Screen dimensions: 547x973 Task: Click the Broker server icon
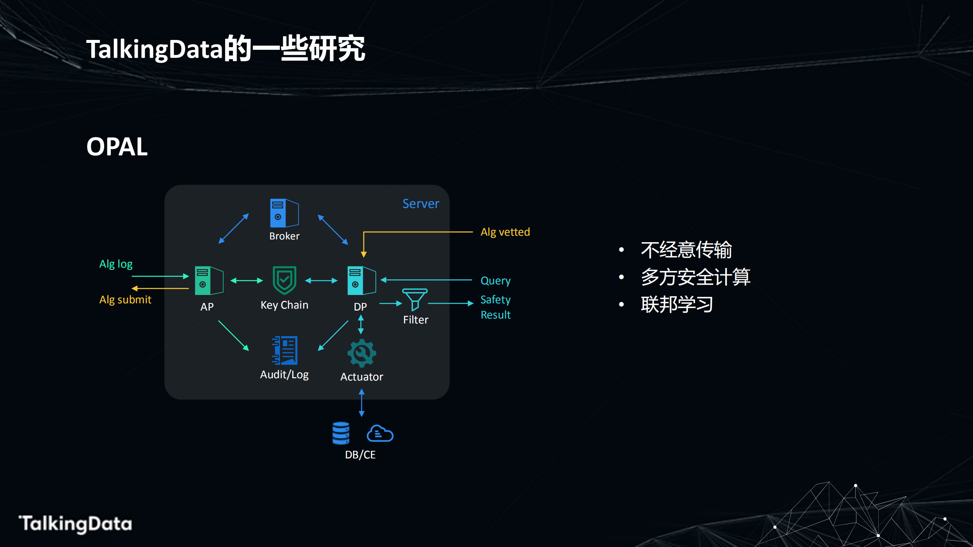[284, 213]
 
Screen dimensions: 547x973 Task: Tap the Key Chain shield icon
[284, 281]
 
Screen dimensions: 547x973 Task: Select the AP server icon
[209, 281]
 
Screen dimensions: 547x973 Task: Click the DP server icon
[361, 281]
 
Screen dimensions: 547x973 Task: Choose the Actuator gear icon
[362, 353]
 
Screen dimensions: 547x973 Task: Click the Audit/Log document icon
[285, 350]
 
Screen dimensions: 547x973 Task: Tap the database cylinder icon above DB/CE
[341, 433]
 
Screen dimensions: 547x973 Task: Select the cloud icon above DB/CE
[380, 434]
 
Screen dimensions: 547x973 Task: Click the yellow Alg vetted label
[505, 232]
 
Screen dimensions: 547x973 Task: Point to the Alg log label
[116, 264]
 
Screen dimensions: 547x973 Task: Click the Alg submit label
[125, 300]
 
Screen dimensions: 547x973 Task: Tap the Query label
[495, 281]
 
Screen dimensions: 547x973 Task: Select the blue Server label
[421, 204]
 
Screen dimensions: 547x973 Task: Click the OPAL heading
[117, 147]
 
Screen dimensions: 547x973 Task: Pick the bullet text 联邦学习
[677, 304]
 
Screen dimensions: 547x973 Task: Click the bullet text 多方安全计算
[695, 277]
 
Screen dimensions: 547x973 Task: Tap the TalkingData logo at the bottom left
[76, 524]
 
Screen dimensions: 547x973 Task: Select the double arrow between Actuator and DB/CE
[362, 403]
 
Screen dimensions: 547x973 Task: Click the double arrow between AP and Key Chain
[246, 281]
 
